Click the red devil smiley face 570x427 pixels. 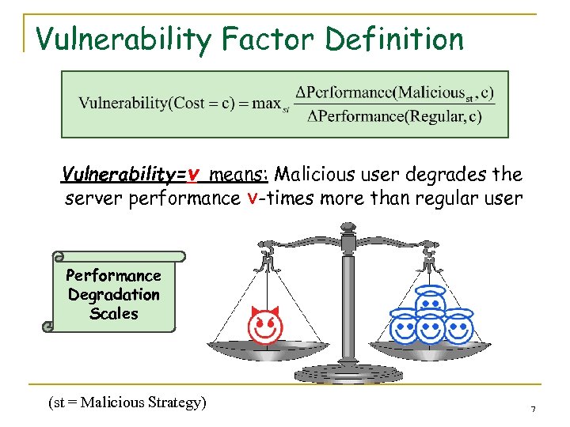[x=265, y=326]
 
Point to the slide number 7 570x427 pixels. [x=533, y=409]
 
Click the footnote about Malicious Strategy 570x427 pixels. [x=127, y=402]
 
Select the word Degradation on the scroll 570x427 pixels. [x=113, y=295]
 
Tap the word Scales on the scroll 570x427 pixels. [x=113, y=314]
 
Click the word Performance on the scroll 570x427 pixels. [x=113, y=276]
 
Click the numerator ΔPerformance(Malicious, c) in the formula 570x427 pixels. [x=393, y=93]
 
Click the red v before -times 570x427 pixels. [x=251, y=198]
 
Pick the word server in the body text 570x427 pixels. [x=93, y=198]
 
